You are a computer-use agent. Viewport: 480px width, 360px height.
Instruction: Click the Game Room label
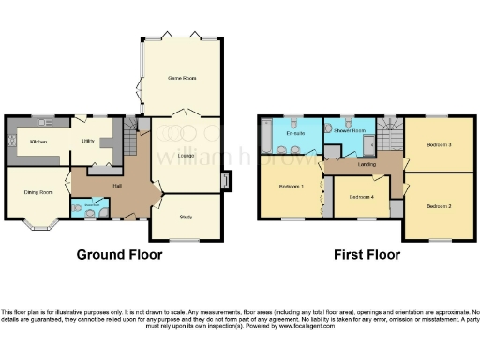click(x=180, y=77)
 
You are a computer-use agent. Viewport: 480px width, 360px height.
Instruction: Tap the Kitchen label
click(x=38, y=142)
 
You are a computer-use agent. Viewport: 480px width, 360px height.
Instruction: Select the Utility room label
click(x=87, y=141)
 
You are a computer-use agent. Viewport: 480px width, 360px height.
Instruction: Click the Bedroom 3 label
click(x=439, y=145)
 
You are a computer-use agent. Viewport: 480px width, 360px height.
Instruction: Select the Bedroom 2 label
click(x=439, y=205)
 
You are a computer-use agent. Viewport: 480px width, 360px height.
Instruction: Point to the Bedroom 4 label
click(x=362, y=197)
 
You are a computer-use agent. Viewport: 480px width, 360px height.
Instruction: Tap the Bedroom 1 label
click(x=291, y=187)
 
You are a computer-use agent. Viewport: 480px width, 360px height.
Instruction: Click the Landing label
click(x=367, y=164)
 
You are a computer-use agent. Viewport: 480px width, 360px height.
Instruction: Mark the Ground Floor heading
click(x=115, y=255)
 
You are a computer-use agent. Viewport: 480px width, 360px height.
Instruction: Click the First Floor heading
click(x=367, y=255)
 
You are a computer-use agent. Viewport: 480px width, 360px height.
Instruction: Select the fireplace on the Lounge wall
click(x=225, y=180)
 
